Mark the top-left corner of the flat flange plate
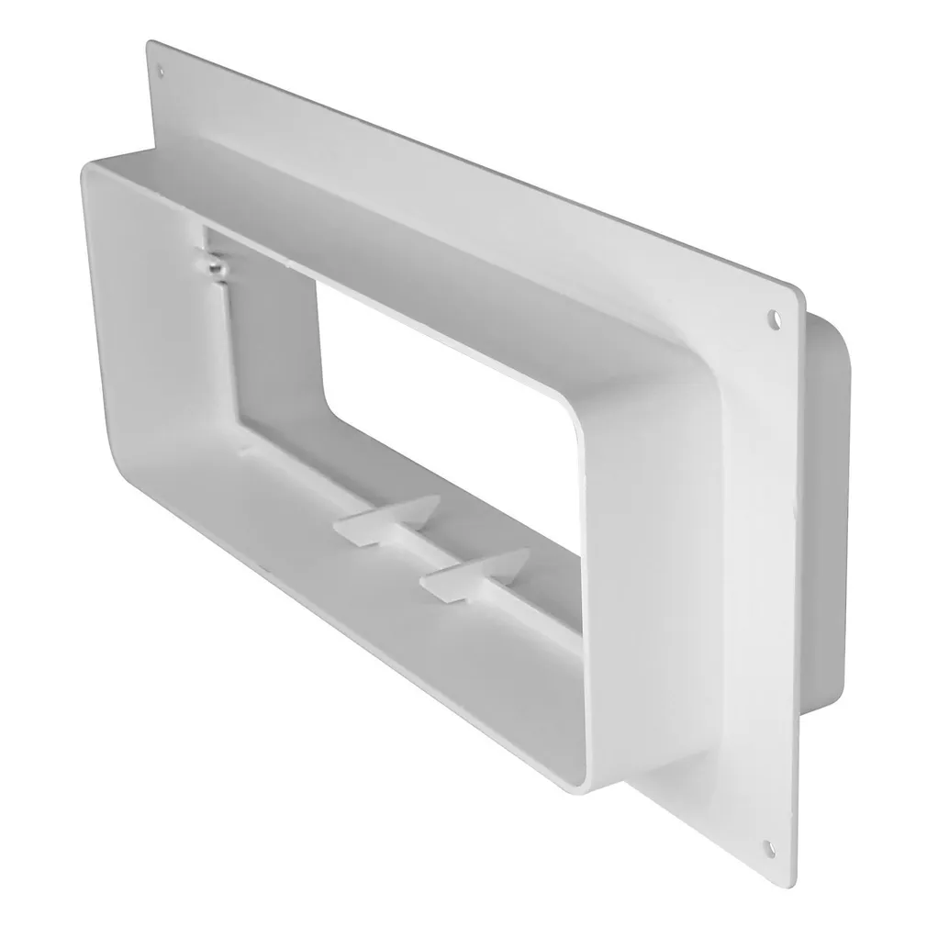150,43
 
